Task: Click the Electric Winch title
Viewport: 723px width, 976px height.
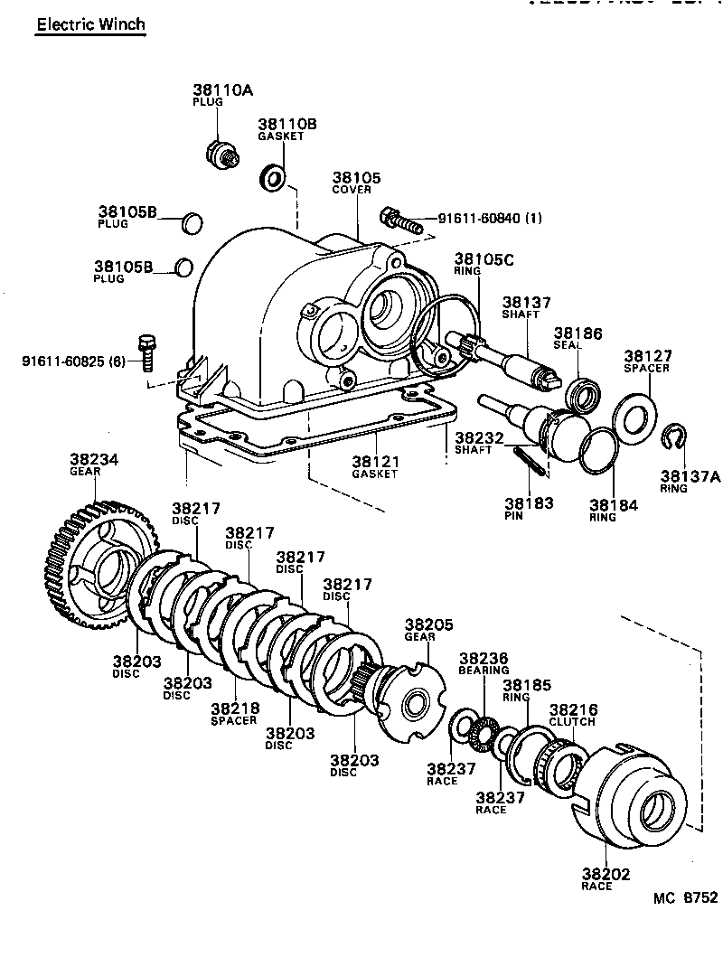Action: point(90,24)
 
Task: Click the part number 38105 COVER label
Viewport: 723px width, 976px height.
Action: point(356,183)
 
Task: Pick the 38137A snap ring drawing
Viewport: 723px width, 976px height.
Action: point(671,436)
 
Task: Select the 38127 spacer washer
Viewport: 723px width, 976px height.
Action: point(634,413)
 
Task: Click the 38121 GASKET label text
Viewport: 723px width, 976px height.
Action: point(375,467)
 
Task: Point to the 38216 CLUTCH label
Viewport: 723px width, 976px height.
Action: point(573,716)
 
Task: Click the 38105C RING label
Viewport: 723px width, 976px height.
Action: point(484,264)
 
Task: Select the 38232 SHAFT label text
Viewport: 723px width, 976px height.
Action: point(473,443)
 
